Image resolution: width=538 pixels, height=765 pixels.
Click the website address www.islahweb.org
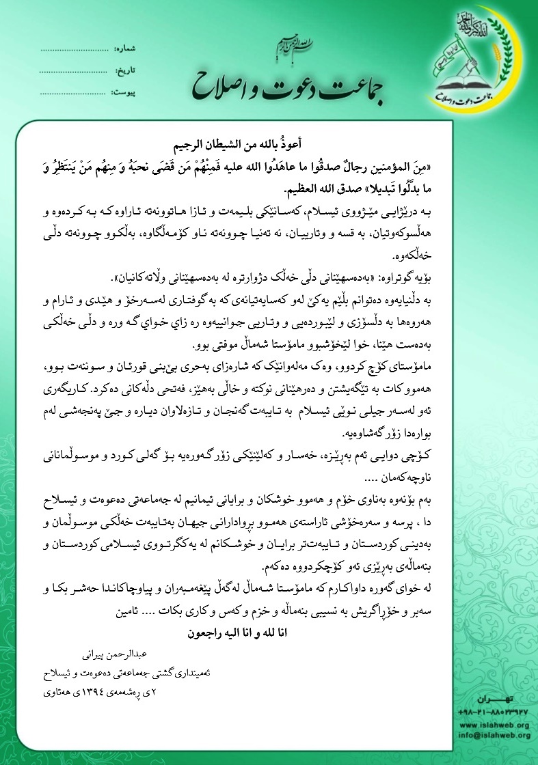click(495, 725)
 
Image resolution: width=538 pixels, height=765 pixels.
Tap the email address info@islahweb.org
click(495, 735)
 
